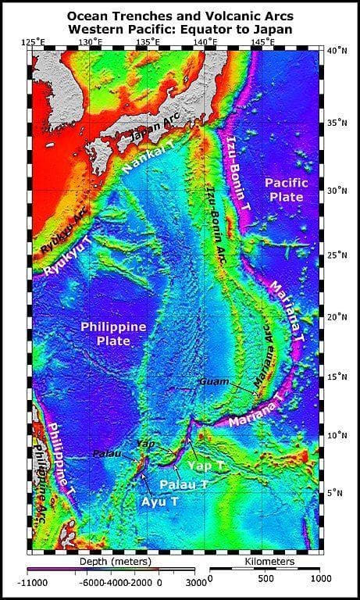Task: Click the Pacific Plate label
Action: (287, 189)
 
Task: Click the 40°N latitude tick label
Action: (337, 51)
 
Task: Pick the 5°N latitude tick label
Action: (336, 492)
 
